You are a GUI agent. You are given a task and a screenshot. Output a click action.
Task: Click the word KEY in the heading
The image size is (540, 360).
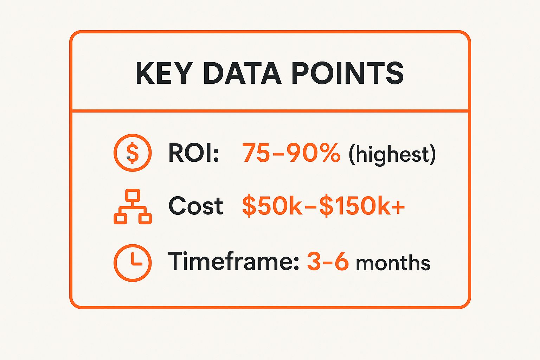[x=164, y=73]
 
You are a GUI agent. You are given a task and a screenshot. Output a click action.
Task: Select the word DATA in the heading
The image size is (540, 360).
[x=242, y=73]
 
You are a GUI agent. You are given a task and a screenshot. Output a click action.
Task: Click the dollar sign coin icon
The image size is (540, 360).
[x=133, y=153]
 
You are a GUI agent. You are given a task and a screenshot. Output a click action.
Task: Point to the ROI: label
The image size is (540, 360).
[x=194, y=153]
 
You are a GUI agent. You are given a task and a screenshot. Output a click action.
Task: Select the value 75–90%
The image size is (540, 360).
[x=291, y=153]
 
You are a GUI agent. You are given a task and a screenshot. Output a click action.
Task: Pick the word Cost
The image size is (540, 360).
[x=195, y=206]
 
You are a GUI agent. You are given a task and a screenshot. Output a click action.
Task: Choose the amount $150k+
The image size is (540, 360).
[x=362, y=206]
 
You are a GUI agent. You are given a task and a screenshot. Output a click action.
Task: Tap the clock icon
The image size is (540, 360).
[x=133, y=263]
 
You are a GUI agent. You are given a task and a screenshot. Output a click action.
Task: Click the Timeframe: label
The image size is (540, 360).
[x=233, y=262]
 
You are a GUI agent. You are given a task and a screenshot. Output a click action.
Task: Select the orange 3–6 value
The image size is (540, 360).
[x=328, y=262]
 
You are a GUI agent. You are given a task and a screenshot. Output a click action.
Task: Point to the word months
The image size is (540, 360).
[x=393, y=263]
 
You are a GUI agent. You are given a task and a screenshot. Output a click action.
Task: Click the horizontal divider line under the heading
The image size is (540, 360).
[x=270, y=111]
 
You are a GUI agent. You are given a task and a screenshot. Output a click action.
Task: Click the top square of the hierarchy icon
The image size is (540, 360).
[x=133, y=195]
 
